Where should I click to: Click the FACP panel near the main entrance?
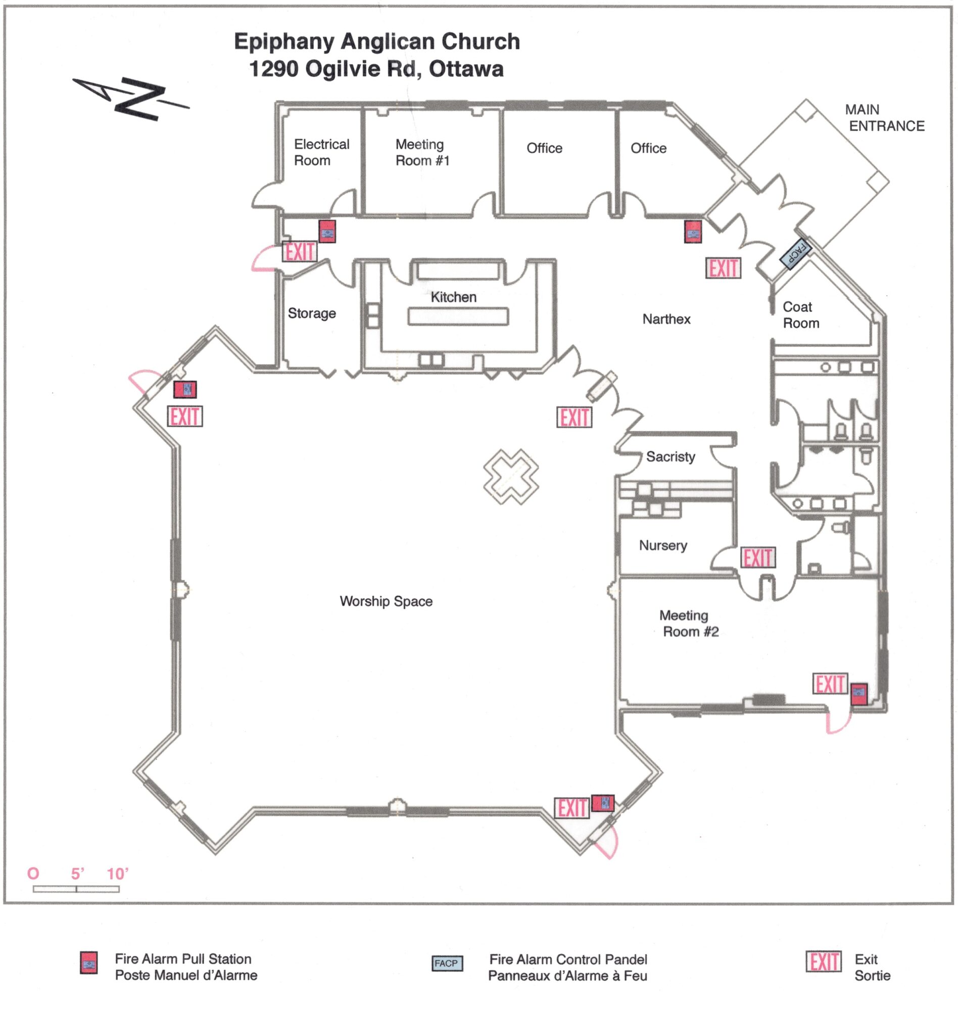[795, 252]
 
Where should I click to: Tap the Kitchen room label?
[453, 297]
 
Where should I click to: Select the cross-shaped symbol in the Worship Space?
[511, 476]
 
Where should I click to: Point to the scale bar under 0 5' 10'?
[76, 889]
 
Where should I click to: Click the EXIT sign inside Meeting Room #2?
[829, 683]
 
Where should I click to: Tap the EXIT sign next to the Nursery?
[757, 558]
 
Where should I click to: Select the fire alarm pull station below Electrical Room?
[327, 232]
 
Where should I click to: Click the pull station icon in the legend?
[88, 963]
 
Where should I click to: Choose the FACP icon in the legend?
[447, 963]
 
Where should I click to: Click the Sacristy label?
[670, 456]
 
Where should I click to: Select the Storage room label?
[312, 313]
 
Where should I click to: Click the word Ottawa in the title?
[466, 69]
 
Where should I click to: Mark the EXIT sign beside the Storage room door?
[300, 252]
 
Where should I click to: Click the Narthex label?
[666, 319]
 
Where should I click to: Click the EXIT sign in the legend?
[823, 962]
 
